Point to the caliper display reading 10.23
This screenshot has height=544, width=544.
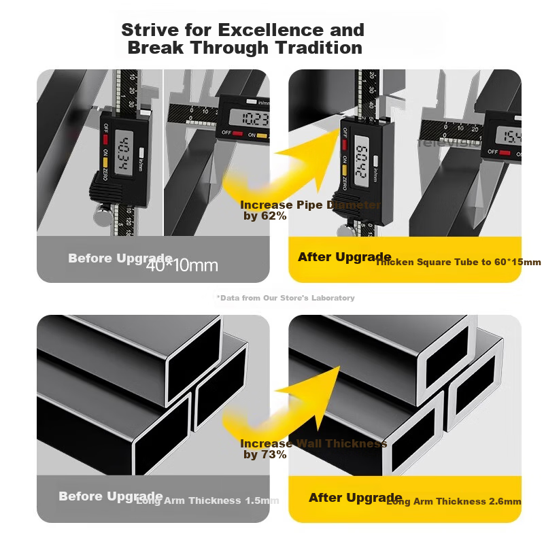(255, 120)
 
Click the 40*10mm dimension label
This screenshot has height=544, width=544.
(182, 265)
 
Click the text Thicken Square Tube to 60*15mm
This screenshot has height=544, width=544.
(458, 262)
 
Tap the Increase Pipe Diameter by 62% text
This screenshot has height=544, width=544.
(310, 210)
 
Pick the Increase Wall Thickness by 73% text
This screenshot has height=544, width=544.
(313, 449)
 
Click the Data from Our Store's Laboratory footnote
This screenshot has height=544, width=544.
(286, 298)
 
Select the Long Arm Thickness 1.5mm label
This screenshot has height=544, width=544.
(207, 500)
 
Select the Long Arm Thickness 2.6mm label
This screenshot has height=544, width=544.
(454, 501)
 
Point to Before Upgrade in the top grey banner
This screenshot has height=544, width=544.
(119, 258)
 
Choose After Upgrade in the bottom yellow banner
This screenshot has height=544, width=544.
(355, 498)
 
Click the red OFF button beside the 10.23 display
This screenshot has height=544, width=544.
(236, 134)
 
